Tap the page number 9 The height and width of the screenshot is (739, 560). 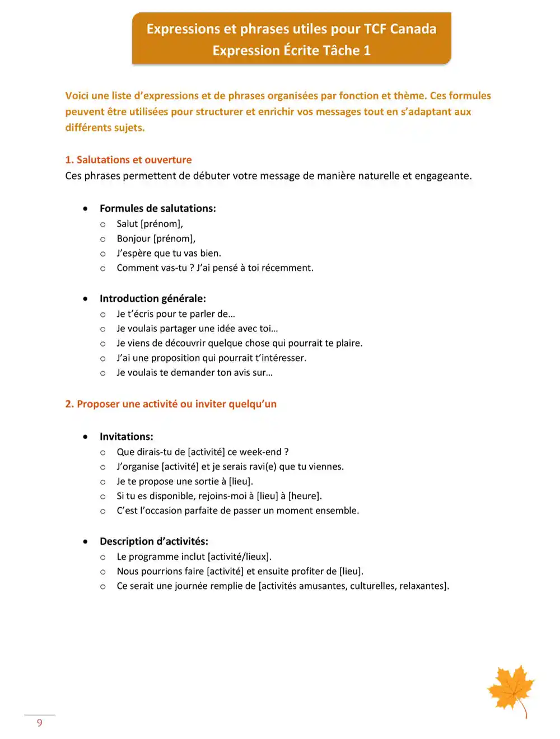(40, 723)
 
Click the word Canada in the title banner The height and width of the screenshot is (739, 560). (413, 29)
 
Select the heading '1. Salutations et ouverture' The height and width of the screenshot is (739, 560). (128, 160)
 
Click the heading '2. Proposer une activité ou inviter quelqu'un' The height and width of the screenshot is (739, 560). (171, 404)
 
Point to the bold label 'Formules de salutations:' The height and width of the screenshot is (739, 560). (157, 208)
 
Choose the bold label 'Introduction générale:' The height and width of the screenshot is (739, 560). (152, 298)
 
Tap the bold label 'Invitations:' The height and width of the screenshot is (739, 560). (126, 437)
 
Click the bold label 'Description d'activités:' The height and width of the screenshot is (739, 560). (153, 541)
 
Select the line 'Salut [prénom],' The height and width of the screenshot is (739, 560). (150, 224)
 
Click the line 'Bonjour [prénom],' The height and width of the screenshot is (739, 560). (156, 238)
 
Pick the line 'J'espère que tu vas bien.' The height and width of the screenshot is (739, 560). (169, 253)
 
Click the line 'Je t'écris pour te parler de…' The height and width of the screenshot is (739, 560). (175, 314)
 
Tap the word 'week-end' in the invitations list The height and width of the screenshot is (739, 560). (260, 452)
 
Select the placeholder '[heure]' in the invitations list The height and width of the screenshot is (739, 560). (305, 496)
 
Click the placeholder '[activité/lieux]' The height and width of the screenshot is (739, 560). (239, 556)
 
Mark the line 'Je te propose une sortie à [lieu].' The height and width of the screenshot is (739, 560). (184, 481)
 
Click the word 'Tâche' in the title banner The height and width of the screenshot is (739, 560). (341, 50)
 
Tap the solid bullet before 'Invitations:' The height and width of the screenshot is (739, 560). (85, 437)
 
